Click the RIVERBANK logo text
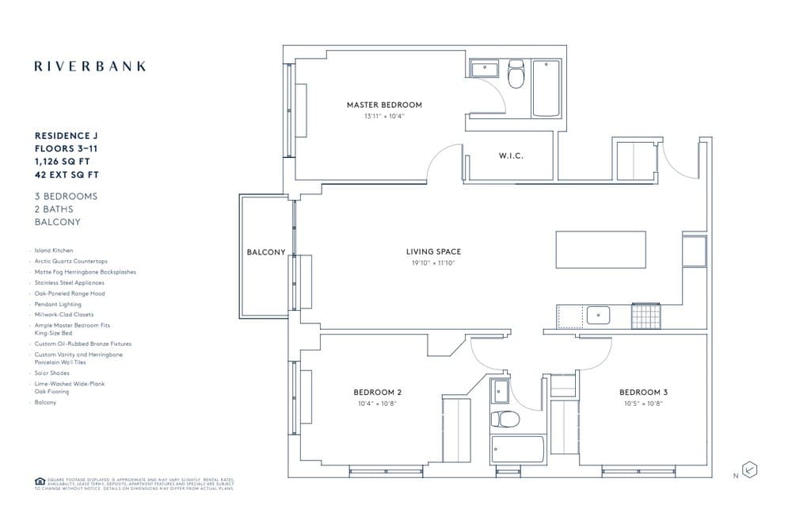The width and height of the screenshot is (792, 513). point(89,67)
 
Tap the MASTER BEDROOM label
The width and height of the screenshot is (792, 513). point(384,105)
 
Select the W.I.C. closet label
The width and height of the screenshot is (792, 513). point(511,156)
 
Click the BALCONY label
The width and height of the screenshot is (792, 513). point(266,252)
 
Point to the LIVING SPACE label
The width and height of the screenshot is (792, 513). point(433,252)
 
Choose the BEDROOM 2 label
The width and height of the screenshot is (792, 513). point(377,392)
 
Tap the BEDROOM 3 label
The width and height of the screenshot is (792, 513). point(643,392)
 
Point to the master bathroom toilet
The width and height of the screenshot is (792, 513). point(516,75)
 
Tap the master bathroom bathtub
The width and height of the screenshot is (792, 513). point(546,89)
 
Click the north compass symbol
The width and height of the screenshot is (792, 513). point(750,470)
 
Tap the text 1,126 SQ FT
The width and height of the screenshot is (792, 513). point(63,161)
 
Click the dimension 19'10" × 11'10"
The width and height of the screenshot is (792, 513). point(433,262)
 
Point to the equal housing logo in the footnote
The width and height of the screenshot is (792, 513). point(40,480)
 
